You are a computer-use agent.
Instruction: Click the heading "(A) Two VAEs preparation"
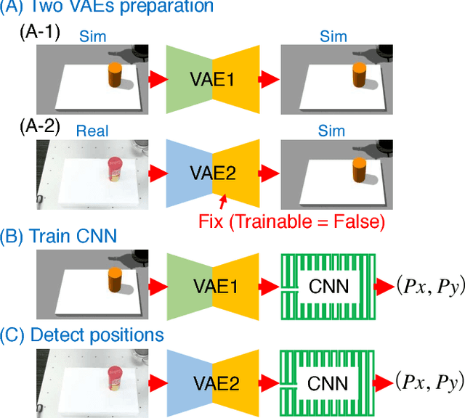pos(107,8)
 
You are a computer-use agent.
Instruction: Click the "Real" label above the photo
pos(92,130)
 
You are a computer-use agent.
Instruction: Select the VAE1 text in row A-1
pos(211,79)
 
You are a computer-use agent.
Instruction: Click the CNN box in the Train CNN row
pos(328,287)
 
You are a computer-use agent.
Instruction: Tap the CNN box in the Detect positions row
pos(328,382)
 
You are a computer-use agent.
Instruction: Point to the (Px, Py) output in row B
pos(428,286)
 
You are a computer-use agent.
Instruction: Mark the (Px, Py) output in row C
pos(428,382)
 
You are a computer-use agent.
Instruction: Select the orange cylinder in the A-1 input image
pos(115,75)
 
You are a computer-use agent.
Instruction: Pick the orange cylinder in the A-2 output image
pos(359,171)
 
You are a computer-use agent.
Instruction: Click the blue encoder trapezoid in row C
pos(186,382)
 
